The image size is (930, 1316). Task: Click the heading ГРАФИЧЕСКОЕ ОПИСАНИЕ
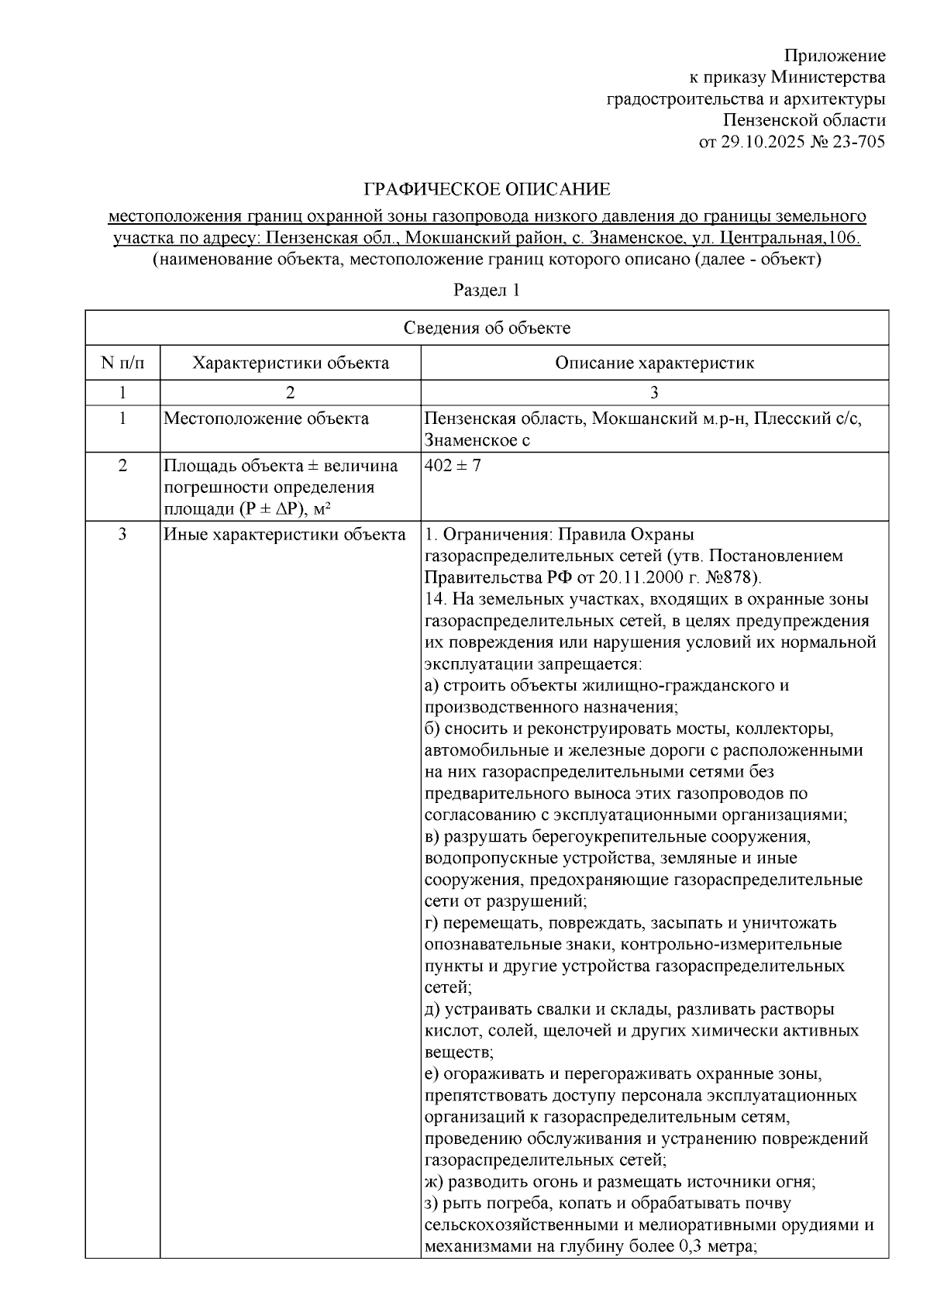(487, 189)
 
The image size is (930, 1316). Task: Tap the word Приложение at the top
(835, 56)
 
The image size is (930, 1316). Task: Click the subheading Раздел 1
(486, 291)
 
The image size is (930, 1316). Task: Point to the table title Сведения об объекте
(487, 328)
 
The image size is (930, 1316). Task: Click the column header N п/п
(122, 363)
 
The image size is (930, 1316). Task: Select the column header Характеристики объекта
(291, 363)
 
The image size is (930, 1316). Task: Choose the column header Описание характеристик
(654, 363)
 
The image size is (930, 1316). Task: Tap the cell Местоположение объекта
(267, 419)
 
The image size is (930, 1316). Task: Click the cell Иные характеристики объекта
(284, 535)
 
